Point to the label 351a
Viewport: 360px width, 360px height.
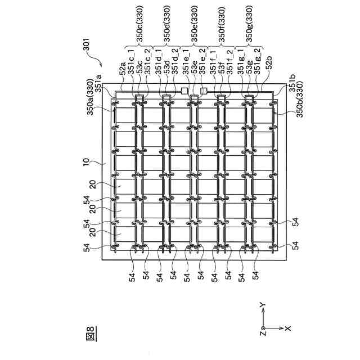pyautogui.click(x=98, y=92)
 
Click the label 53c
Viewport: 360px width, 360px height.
pyautogui.click(x=139, y=70)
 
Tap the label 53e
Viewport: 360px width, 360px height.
pyautogui.click(x=195, y=70)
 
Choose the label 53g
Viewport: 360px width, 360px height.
pyautogui.click(x=249, y=70)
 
